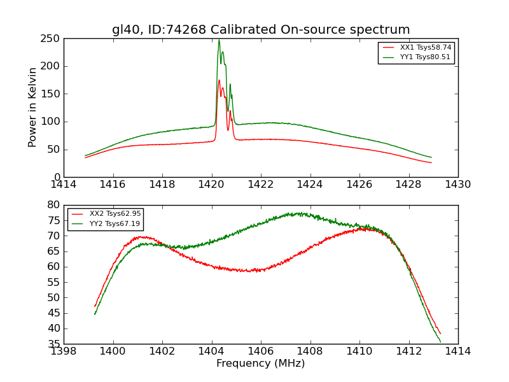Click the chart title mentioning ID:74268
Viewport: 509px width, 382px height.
(x=261, y=30)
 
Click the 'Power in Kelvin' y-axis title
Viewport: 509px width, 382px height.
(x=32, y=108)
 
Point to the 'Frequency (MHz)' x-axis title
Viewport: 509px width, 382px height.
(x=261, y=364)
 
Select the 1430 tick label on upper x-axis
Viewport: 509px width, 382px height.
(x=457, y=185)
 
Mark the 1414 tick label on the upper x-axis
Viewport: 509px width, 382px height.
(x=64, y=185)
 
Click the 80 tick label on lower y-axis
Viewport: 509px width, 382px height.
(x=53, y=205)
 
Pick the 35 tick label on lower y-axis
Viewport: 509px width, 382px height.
(x=53, y=344)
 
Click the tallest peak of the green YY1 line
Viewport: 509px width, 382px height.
(x=219, y=40)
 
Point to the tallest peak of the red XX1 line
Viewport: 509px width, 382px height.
(x=219, y=80)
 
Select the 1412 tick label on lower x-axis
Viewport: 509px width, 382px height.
(x=408, y=351)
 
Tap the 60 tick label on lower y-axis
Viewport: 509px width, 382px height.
(x=53, y=267)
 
